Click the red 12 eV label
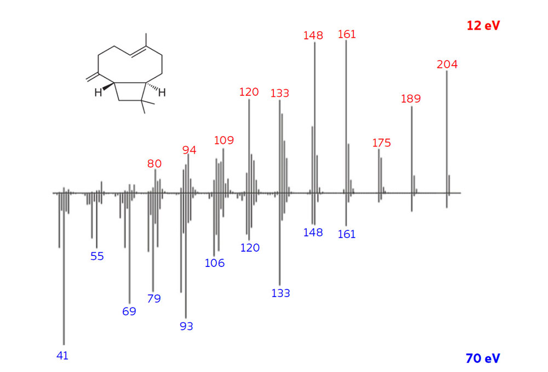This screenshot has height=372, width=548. pos(483,26)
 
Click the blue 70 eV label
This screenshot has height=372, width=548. pos(483,358)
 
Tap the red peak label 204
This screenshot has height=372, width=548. pos(447,64)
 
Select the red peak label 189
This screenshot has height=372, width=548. pos(411,99)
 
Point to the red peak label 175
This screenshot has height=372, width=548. pos(381,143)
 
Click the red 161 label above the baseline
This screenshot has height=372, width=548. pos(347,34)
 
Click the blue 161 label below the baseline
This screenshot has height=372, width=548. pos(347,234)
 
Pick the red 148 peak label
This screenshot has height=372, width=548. pos(313,35)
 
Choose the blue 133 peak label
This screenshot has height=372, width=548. pos(281,293)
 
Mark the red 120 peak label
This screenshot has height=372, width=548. pos(249,92)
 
